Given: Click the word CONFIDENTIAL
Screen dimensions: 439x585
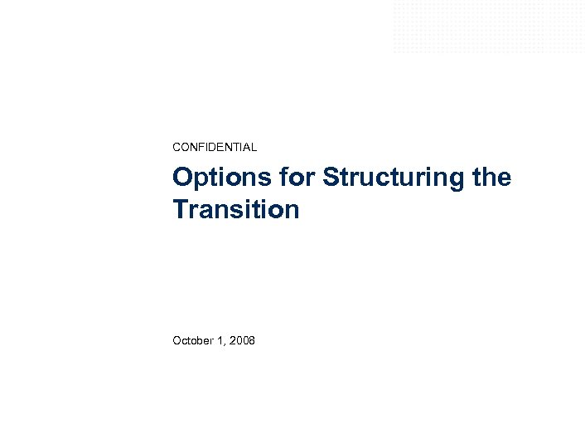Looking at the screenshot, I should (215, 147).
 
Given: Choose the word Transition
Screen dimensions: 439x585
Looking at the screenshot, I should (236, 209).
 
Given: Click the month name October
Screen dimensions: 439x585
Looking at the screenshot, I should (193, 340).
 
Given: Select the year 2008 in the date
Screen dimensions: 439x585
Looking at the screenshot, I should (243, 340).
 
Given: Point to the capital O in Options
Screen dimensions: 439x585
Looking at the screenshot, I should (181, 178).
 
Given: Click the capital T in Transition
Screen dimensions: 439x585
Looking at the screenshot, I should (181, 209).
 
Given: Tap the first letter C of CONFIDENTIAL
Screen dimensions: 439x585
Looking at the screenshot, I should (176, 147).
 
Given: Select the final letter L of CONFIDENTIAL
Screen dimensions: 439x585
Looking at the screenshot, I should (254, 147).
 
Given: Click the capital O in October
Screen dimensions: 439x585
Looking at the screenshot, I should (176, 340).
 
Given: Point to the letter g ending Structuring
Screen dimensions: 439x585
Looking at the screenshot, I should (458, 181).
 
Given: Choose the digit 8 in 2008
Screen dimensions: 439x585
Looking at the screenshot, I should (252, 340).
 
